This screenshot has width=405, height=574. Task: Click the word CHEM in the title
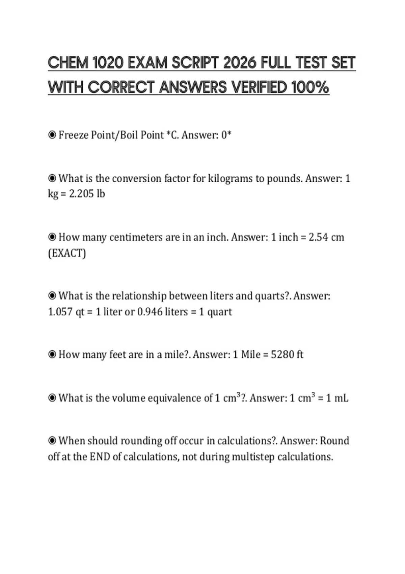pos(68,63)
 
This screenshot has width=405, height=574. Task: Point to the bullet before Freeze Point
pos(52,135)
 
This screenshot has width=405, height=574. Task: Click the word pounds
pos(285,178)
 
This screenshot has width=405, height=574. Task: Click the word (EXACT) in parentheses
pos(67,253)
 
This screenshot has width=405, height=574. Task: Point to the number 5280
pos(282,355)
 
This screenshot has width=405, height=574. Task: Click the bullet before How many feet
pos(52,355)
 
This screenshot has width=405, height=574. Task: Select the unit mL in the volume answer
pos(341,398)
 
